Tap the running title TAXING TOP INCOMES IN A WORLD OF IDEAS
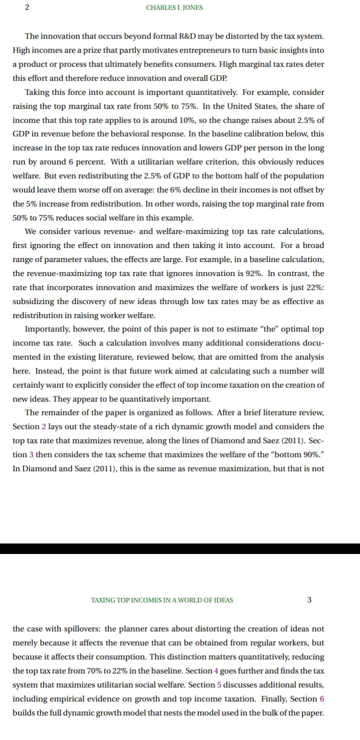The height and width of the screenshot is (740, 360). (x=161, y=600)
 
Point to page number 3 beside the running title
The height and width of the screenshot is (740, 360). (x=309, y=600)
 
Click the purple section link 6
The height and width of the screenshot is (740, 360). (x=320, y=699)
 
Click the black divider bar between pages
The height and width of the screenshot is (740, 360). (x=180, y=548)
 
